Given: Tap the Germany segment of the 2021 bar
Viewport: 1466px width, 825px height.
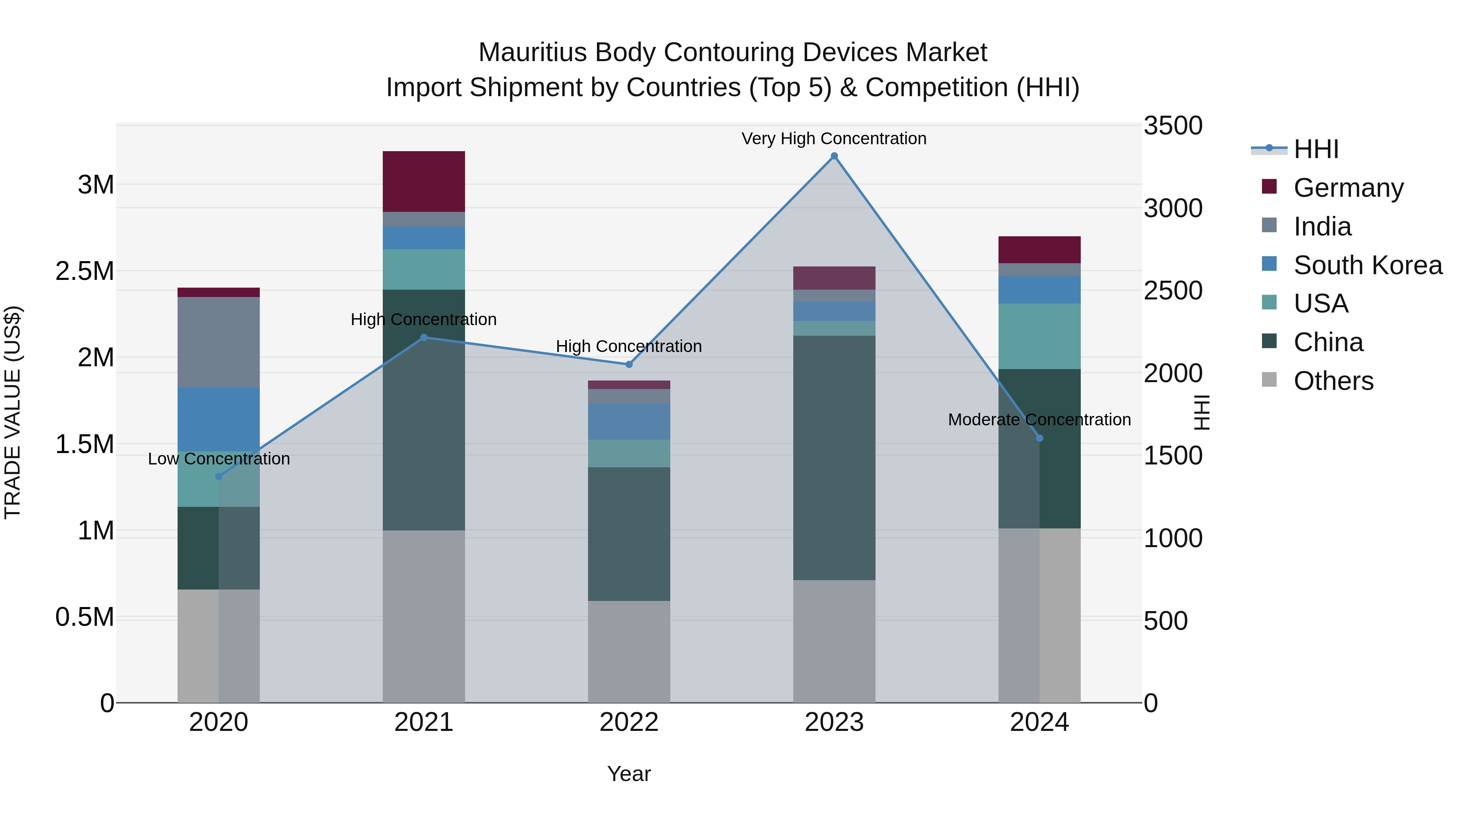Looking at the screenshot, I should pos(424,182).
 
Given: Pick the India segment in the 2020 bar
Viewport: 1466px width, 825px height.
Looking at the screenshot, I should pos(219,342).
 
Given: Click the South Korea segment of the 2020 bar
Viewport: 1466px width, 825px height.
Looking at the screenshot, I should pos(219,420).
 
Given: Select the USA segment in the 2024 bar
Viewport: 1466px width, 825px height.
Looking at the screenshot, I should pos(1039,336).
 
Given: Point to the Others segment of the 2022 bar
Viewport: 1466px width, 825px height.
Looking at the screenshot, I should pos(628,651).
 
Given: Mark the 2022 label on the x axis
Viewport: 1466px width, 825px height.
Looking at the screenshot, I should pos(628,722).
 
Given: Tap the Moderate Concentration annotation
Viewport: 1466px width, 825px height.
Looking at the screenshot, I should pos(1039,420).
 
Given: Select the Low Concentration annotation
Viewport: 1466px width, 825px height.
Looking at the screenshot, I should pos(219,459).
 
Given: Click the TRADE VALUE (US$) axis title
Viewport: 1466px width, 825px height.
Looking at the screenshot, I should pos(13,412).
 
